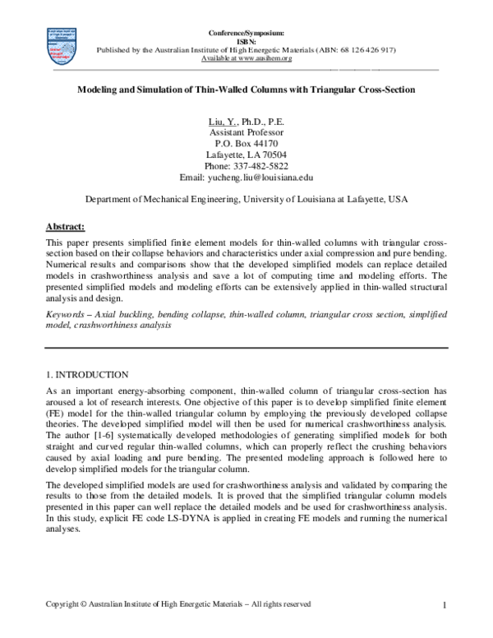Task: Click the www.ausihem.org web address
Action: click(263, 58)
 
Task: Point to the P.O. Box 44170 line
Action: click(246, 143)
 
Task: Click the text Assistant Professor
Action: click(246, 132)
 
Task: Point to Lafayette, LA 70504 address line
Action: click(246, 155)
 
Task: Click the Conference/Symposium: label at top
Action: click(246, 32)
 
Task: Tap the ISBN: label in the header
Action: click(246, 40)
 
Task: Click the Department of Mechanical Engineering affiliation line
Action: click(246, 199)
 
